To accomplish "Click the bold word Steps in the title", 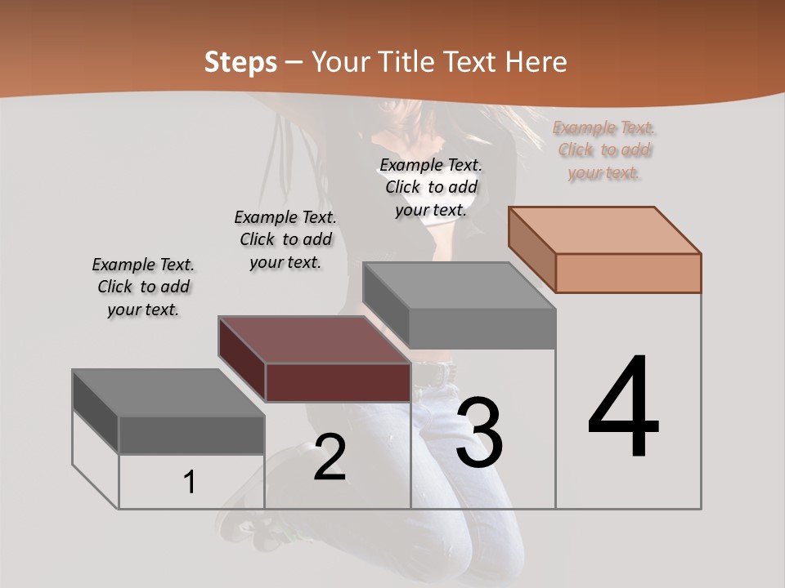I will pyautogui.click(x=240, y=62).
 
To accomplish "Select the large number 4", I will pyautogui.click(x=623, y=408).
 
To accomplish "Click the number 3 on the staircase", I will pyautogui.click(x=479, y=433).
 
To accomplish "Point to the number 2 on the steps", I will pyautogui.click(x=330, y=457).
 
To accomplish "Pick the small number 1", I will pyautogui.click(x=190, y=483).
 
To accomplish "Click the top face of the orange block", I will pyautogui.click(x=605, y=229).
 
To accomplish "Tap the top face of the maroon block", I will pyautogui.click(x=314, y=340).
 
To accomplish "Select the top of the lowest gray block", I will pyautogui.click(x=168, y=393).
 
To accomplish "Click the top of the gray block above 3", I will pyautogui.click(x=459, y=286).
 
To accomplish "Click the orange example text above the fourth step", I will pyautogui.click(x=604, y=150).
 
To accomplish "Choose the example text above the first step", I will pyautogui.click(x=143, y=287).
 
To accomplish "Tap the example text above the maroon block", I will pyautogui.click(x=285, y=239).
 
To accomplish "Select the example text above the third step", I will pyautogui.click(x=431, y=187).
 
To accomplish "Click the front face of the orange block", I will pyautogui.click(x=628, y=273).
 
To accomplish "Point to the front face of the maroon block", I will pyautogui.click(x=338, y=382).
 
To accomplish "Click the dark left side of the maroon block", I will pyautogui.click(x=242, y=359).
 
